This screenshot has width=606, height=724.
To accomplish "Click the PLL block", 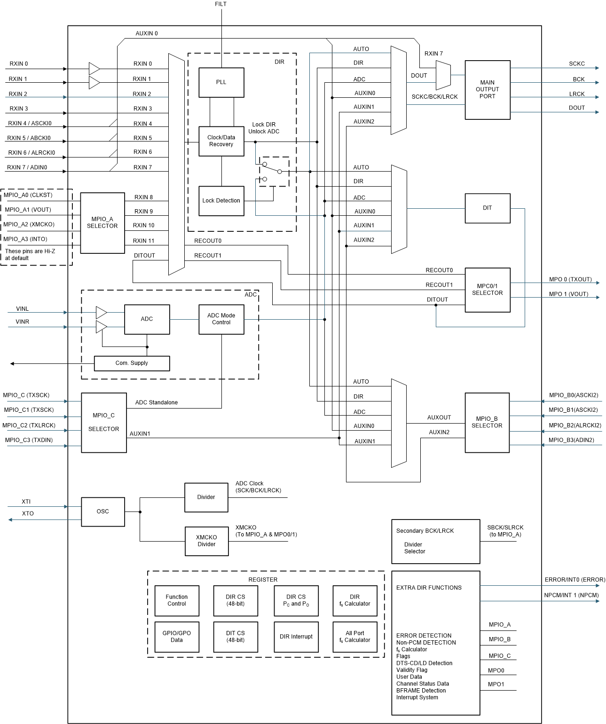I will [x=221, y=82].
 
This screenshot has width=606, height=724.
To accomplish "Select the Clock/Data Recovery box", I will [x=221, y=141].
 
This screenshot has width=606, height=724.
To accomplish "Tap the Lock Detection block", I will [x=221, y=201].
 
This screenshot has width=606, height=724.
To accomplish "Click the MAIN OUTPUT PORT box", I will [x=487, y=90].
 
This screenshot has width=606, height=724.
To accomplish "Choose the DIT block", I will [x=487, y=208].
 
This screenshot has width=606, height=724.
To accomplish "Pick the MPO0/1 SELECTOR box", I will [x=487, y=290].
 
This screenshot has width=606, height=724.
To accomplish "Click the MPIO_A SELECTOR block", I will [x=102, y=223].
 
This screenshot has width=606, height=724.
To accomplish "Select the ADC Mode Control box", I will [x=221, y=319].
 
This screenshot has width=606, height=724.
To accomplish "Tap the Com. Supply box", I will [x=132, y=363].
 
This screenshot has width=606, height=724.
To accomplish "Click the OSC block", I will [x=103, y=512].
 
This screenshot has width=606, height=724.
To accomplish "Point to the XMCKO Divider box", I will [x=206, y=541].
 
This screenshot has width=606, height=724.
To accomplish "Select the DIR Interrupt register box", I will [x=296, y=637].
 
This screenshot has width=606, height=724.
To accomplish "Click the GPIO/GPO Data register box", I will [x=177, y=637].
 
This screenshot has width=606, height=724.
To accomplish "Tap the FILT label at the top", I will [x=220, y=4].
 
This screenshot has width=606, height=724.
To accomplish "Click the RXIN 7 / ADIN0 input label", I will [x=27, y=167].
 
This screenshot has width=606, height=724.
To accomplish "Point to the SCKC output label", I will [x=577, y=64].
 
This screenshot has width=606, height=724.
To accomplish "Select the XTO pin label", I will [x=28, y=513].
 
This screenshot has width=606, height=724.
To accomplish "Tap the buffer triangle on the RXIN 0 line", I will [x=94, y=69].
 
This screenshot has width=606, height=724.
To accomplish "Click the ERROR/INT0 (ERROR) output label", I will [x=575, y=580].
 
